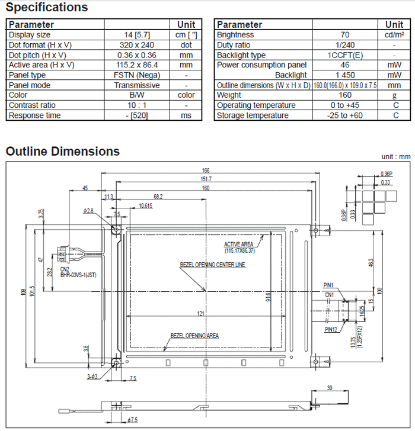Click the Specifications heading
tap(47, 8)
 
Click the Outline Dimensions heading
tap(63, 152)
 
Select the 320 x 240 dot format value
tap(136, 45)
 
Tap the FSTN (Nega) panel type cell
tap(136, 75)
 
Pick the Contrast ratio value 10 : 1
tap(136, 105)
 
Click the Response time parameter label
tap(34, 115)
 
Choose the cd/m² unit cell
tap(394, 35)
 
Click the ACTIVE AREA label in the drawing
tap(238, 245)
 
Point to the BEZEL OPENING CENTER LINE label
tap(212, 265)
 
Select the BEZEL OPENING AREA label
tap(194, 336)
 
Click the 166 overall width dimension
tap(206, 171)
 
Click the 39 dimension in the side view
tap(330, 388)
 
